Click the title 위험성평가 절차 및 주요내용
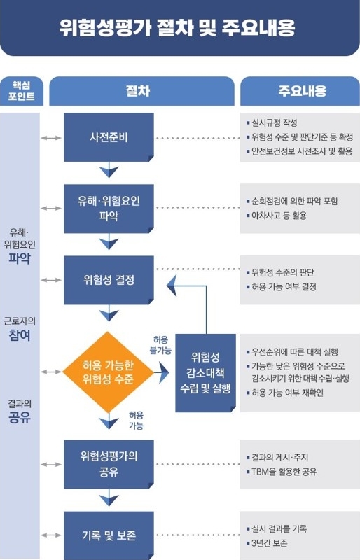click(x=177, y=28)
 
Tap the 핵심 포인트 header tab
click(x=22, y=91)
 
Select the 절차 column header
click(x=141, y=91)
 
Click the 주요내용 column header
click(x=300, y=91)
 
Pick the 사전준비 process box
click(x=109, y=137)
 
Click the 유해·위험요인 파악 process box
click(x=109, y=209)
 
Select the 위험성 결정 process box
click(x=109, y=280)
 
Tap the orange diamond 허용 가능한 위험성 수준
click(x=109, y=372)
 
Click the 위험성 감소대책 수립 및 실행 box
click(x=205, y=373)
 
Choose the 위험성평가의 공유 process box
click(x=109, y=464)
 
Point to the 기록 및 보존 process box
click(x=109, y=535)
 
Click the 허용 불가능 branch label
click(x=160, y=345)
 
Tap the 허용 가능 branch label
click(x=136, y=421)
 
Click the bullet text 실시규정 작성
click(x=274, y=123)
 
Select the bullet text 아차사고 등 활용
click(x=279, y=216)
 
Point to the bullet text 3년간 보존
click(x=269, y=543)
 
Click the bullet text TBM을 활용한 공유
click(x=284, y=472)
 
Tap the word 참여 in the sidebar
click(x=20, y=335)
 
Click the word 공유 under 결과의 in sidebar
click(x=20, y=417)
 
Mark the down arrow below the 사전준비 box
click(x=109, y=169)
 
